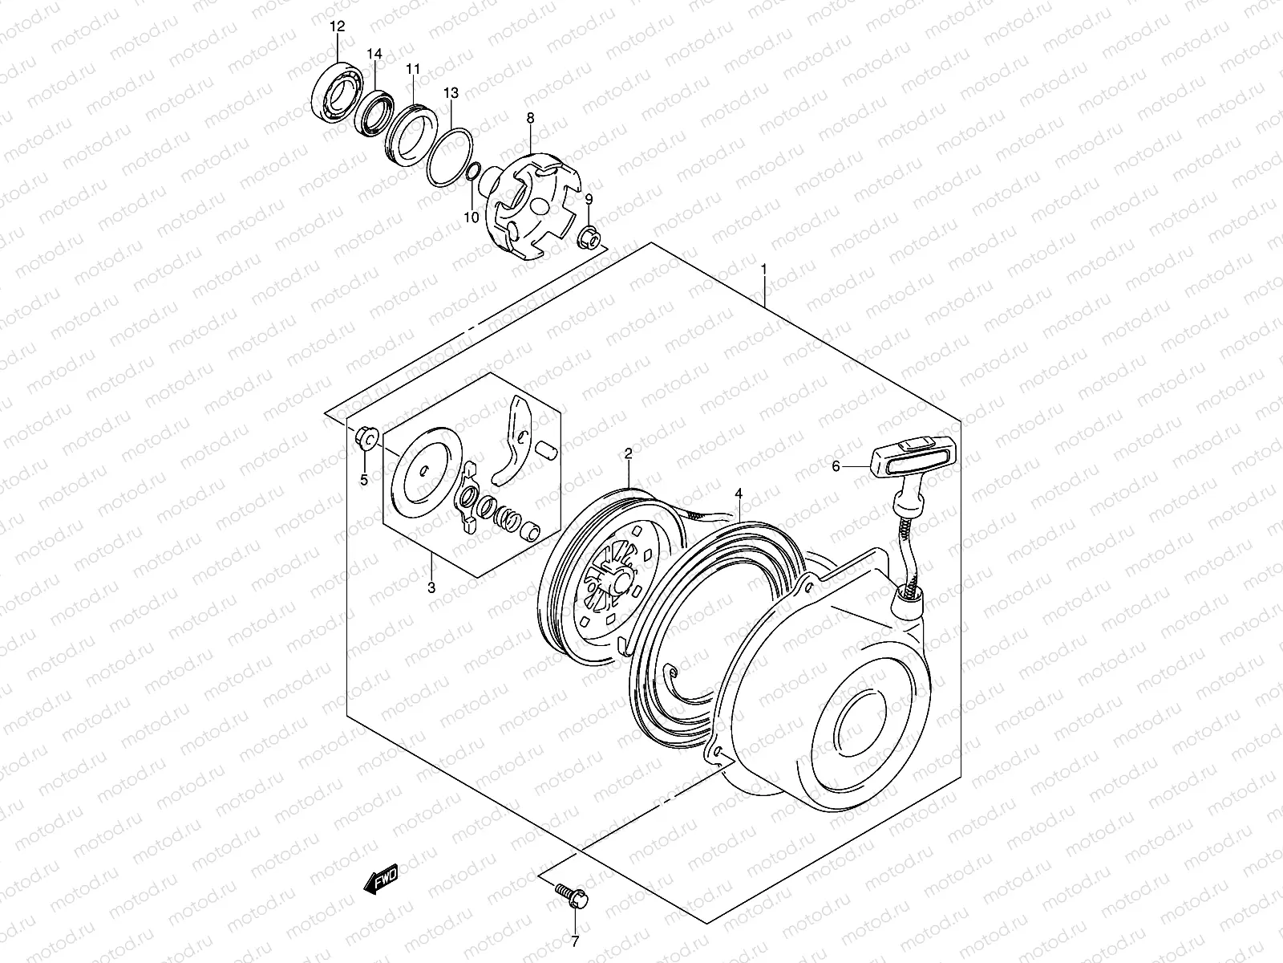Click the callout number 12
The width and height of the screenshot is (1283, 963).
click(337, 27)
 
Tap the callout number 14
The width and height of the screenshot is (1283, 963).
click(374, 54)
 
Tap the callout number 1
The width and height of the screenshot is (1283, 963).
click(764, 268)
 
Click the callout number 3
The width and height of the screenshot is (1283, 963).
click(431, 588)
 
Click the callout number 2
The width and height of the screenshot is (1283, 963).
click(629, 453)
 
